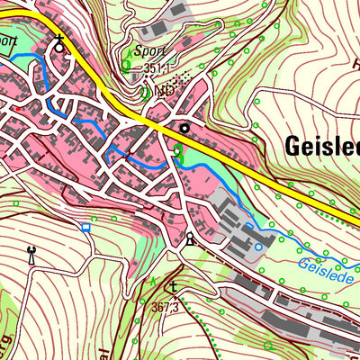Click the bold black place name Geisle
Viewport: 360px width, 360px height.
(x=321, y=146)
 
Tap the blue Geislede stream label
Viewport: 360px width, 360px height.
(x=327, y=265)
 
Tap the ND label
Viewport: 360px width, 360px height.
(x=164, y=92)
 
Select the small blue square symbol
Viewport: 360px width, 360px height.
(x=86, y=227)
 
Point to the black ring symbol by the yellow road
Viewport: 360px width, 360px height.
(x=184, y=129)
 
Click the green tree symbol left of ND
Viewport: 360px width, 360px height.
(x=145, y=92)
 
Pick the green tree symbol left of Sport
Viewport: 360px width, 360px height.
(x=126, y=64)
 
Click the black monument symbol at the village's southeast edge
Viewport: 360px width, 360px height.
(x=189, y=238)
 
